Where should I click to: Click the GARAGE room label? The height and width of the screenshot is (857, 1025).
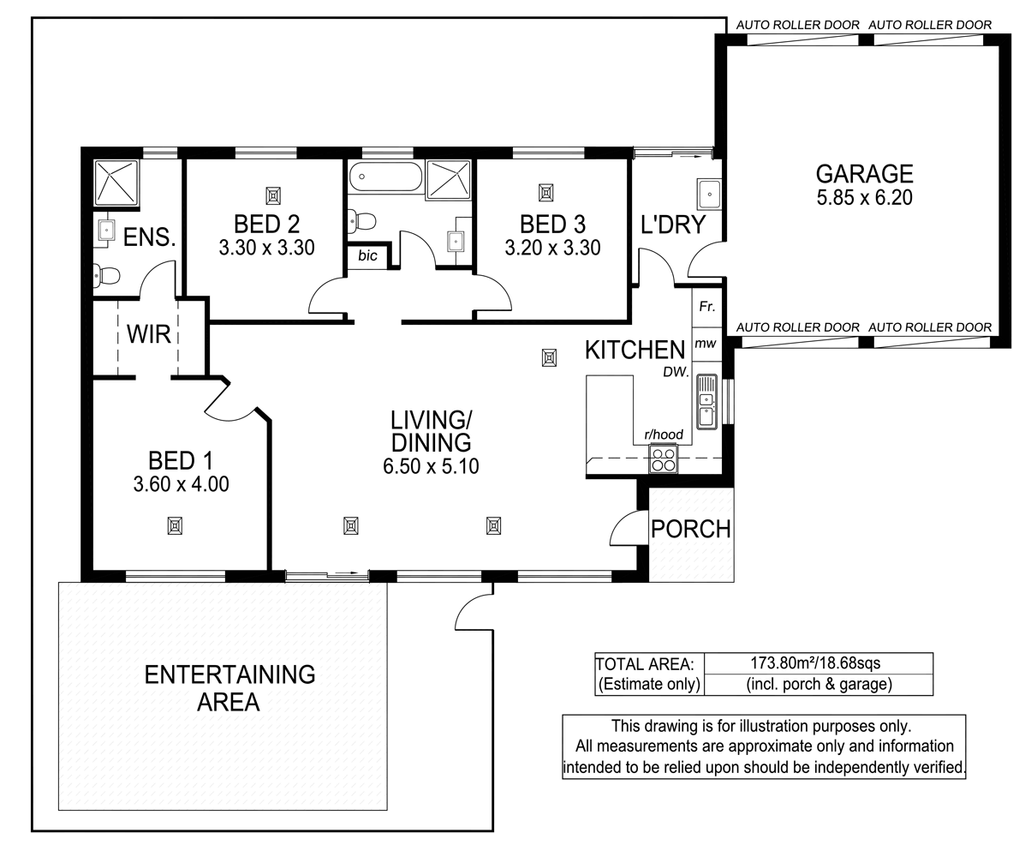863,174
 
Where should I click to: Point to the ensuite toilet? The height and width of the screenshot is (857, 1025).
106,275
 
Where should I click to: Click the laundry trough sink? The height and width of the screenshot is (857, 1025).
710,194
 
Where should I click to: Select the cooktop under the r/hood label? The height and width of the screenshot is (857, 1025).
663,460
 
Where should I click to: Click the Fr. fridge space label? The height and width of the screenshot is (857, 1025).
707,307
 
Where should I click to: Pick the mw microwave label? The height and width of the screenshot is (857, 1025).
706,344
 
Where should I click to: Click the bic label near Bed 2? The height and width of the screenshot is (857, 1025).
367,255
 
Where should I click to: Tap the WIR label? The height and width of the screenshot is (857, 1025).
148,333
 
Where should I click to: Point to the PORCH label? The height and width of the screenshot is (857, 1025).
691,529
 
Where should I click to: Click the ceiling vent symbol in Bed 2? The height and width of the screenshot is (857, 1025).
273,195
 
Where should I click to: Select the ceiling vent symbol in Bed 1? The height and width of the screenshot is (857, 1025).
175,525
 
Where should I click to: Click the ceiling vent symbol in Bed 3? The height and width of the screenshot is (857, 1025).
545,192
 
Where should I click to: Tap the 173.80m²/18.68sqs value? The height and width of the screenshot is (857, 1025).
815,662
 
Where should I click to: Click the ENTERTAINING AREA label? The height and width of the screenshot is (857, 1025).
229,688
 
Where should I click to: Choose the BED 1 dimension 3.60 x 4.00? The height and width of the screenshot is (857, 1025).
181,484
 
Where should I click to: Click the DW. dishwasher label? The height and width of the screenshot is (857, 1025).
675,371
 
